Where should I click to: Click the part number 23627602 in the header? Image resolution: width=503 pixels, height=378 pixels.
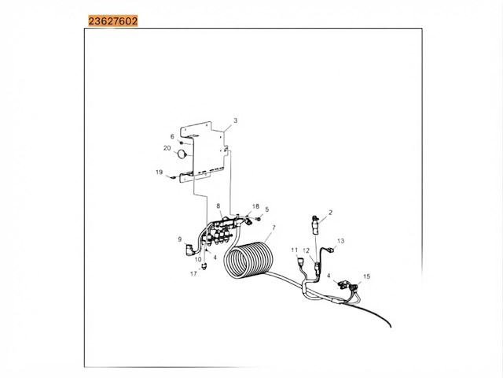tap(113, 21)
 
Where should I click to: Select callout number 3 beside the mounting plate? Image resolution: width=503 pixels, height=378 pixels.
tap(236, 120)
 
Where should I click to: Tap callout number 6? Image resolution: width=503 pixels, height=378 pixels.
tap(172, 136)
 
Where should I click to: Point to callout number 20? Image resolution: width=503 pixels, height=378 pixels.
tap(167, 148)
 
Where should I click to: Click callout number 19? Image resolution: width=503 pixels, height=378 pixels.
tap(159, 172)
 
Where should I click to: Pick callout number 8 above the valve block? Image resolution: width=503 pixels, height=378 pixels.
tap(218, 206)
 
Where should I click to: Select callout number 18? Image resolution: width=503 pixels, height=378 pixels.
tap(255, 206)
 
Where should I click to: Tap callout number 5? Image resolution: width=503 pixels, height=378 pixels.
tap(267, 209)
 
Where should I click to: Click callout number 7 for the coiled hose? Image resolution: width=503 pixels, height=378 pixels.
tap(274, 228)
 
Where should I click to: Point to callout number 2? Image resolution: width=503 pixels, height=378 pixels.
tap(330, 213)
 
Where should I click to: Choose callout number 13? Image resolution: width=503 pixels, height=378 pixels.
tap(340, 241)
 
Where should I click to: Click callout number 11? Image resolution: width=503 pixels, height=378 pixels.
tap(295, 250)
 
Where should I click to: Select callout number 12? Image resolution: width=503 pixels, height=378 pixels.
tap(307, 250)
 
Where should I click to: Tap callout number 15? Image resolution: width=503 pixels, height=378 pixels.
tap(367, 276)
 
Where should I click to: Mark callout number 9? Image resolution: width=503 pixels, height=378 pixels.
tap(180, 239)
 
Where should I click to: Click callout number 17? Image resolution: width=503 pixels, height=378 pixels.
tap(193, 274)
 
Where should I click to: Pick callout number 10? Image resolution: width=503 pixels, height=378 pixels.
tap(198, 259)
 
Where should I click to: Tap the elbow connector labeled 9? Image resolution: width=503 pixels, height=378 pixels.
tap(190, 250)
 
